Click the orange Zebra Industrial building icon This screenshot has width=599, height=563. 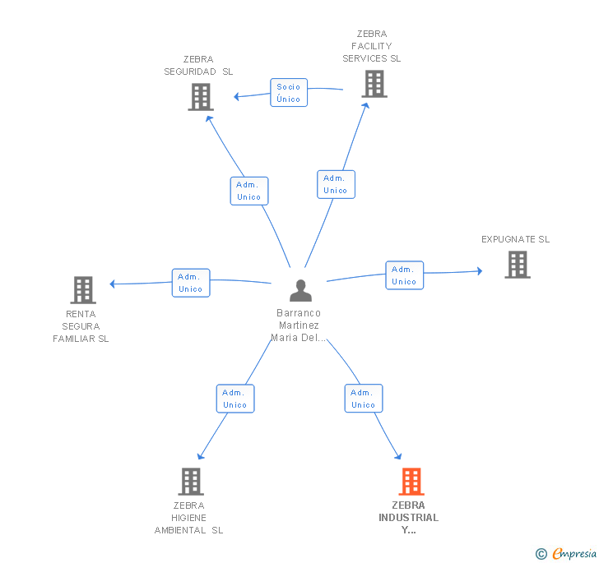[x=411, y=482]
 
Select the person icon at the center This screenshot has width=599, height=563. [x=301, y=291]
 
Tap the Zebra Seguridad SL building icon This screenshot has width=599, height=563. [x=200, y=97]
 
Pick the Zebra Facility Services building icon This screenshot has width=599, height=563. [x=374, y=84]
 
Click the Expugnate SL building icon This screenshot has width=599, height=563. [x=517, y=265]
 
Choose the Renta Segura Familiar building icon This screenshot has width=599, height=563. [x=82, y=290]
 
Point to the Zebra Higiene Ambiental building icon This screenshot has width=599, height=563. [x=190, y=482]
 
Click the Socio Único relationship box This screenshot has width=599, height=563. [x=289, y=93]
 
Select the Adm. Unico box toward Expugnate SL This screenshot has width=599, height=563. [x=404, y=275]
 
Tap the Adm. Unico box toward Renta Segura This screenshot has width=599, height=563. [x=191, y=283]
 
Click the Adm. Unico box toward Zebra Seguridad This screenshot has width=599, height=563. [x=248, y=191]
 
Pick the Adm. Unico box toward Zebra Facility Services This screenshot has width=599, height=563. [x=336, y=184]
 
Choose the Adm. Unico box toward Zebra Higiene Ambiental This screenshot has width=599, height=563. [x=235, y=399]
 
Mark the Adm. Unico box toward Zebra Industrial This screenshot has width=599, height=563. [x=364, y=399]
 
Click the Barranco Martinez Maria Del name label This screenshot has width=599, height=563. [x=299, y=325]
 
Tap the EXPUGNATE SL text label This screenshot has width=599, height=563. [x=515, y=239]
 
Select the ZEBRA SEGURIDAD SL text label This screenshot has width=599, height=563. [x=198, y=65]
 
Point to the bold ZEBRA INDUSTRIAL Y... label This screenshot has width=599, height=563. [x=409, y=518]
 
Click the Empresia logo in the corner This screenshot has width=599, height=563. [x=567, y=554]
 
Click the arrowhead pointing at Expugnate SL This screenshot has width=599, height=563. [x=479, y=270]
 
